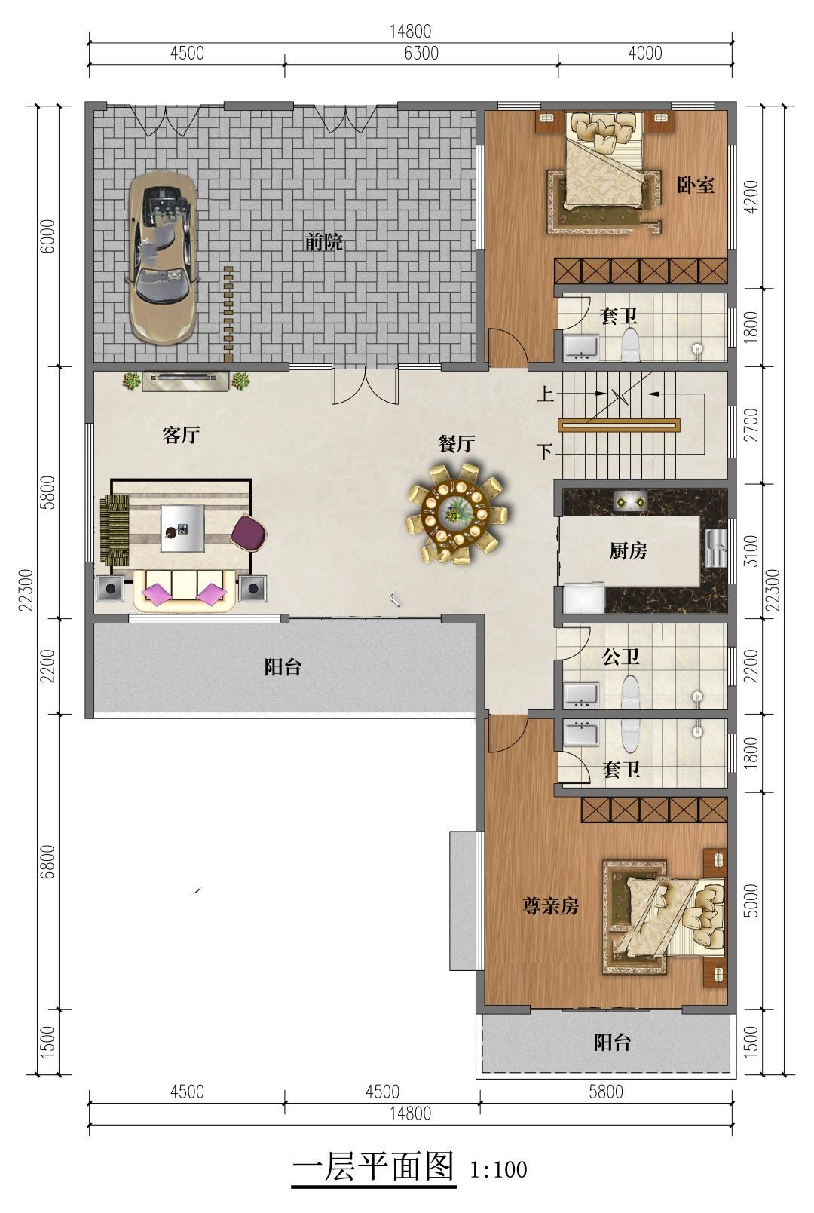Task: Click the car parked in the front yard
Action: pos(162,258)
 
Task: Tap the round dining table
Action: pos(454,512)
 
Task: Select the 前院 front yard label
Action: pos(323,242)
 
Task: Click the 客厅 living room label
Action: pos(181,434)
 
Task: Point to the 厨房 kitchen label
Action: pos(628,551)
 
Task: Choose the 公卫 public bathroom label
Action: pos(621,657)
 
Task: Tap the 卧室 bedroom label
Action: pos(696,185)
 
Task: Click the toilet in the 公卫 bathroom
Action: pos(631,691)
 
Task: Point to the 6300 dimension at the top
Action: pos(421,53)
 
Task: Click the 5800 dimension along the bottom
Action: pos(606,1091)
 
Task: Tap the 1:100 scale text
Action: pos(498,1170)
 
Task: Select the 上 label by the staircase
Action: pos(545,394)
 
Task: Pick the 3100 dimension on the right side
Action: pos(751,551)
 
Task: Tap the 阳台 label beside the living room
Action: pos(283,666)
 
